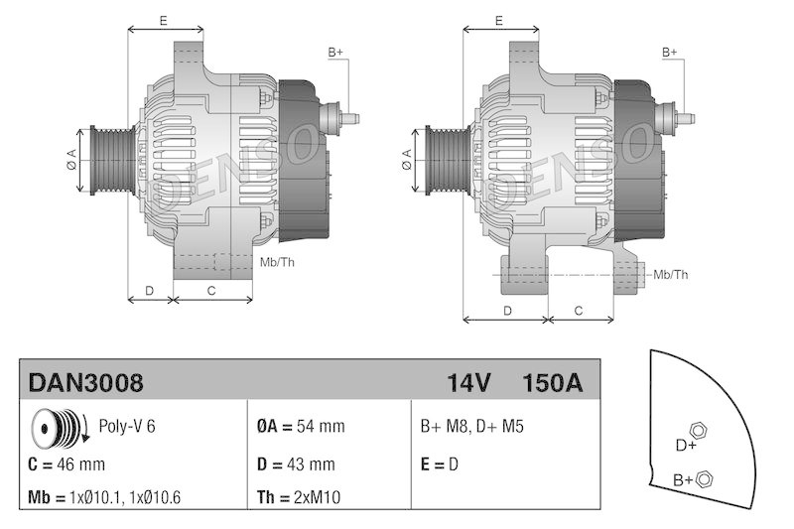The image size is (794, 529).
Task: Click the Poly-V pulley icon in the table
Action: pyautogui.click(x=58, y=427)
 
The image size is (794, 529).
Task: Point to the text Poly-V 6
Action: pyautogui.click(x=127, y=427)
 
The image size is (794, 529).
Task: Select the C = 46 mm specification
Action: pyautogui.click(x=66, y=463)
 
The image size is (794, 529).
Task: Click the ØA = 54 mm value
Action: pyautogui.click(x=301, y=427)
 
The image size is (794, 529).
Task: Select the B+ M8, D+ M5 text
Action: pyautogui.click(x=472, y=427)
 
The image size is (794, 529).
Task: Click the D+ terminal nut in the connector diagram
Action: pyautogui.click(x=698, y=429)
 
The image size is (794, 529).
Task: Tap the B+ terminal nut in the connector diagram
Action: pyautogui.click(x=705, y=479)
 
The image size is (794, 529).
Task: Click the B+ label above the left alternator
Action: pyautogui.click(x=335, y=52)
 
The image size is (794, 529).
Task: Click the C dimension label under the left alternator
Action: pyautogui.click(x=210, y=290)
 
